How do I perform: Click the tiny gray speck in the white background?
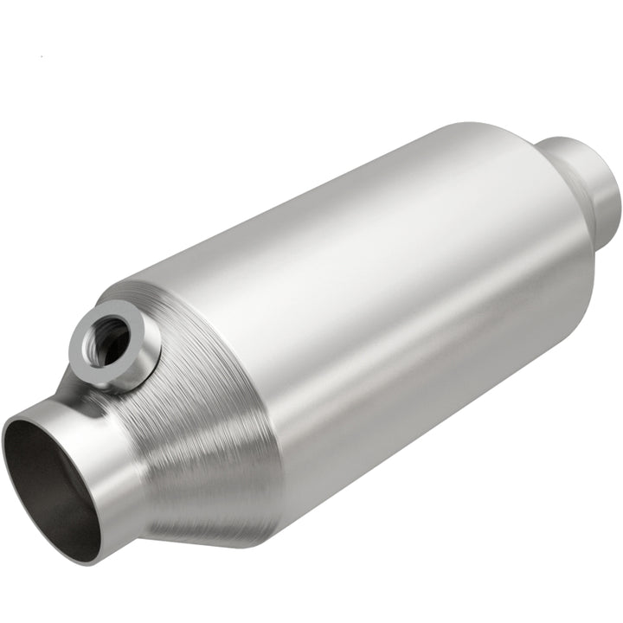tap(41, 57)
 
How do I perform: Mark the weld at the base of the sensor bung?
tap(130, 381)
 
